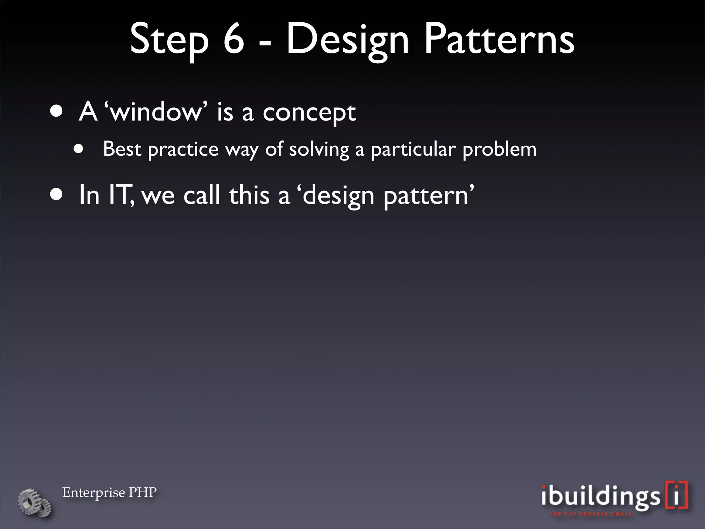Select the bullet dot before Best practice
[x=78, y=149]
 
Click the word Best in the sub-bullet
[x=122, y=149]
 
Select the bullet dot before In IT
[x=56, y=195]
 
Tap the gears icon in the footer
[x=35, y=502]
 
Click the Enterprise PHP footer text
[x=109, y=492]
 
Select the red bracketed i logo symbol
[x=676, y=495]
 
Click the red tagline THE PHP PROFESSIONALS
[x=591, y=514]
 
